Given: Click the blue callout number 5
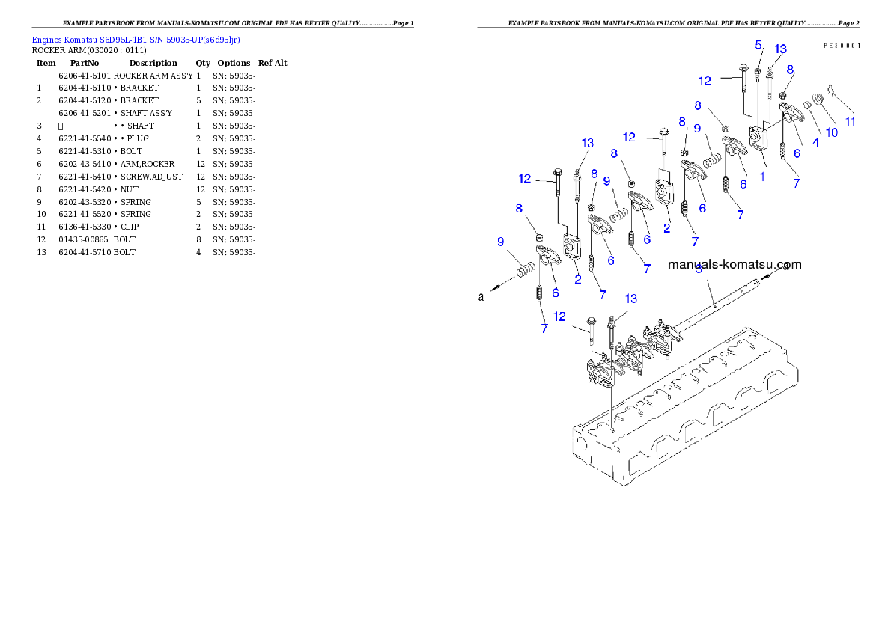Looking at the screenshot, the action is point(758,45).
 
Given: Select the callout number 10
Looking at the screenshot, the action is point(831,132).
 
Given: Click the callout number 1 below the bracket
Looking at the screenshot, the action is point(762,177).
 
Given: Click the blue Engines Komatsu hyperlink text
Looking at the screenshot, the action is point(136,40).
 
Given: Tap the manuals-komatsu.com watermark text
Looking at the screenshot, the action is point(735,264).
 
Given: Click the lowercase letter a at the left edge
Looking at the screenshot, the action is point(481,297).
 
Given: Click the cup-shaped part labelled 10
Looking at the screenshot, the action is point(818,98).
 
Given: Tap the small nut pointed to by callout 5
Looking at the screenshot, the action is point(758,71).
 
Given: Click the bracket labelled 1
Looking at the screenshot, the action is point(758,138).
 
